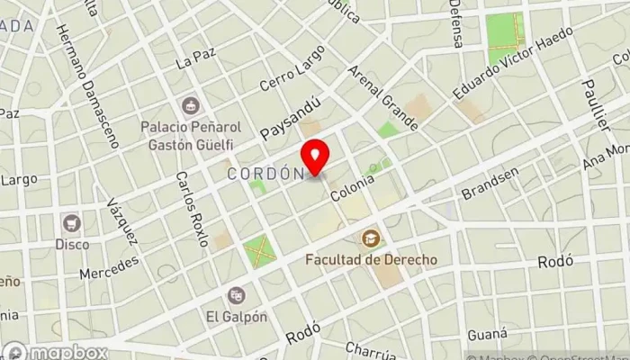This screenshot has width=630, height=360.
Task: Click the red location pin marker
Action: pyautogui.click(x=315, y=157)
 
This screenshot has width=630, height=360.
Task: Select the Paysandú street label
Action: pyautogui.click(x=290, y=118)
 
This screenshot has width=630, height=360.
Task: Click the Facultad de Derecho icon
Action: pyautogui.click(x=370, y=238)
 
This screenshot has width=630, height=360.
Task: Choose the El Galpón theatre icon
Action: pyautogui.click(x=237, y=294)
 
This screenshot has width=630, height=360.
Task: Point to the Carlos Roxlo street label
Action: pyautogui.click(x=192, y=209)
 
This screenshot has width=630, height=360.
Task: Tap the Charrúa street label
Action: pyautogui.click(x=372, y=349)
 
